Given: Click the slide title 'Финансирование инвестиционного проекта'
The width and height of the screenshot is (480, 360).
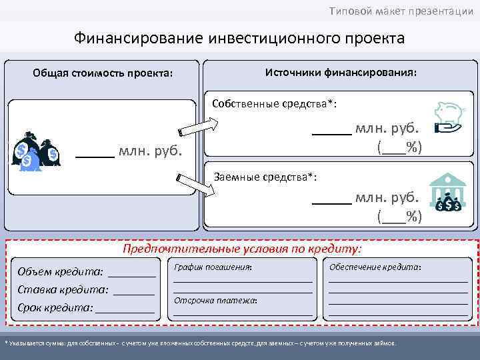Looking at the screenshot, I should tap(239, 37).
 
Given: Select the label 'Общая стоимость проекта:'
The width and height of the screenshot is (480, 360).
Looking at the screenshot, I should tap(102, 73).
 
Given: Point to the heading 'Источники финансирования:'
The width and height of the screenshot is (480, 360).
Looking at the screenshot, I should tap(341, 71).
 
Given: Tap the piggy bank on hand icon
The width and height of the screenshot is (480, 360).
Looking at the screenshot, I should tap(449, 118).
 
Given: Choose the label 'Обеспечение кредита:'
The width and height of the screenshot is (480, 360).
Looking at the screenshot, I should tap(375, 267).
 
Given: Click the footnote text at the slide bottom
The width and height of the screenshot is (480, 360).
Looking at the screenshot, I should tap(200, 343).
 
